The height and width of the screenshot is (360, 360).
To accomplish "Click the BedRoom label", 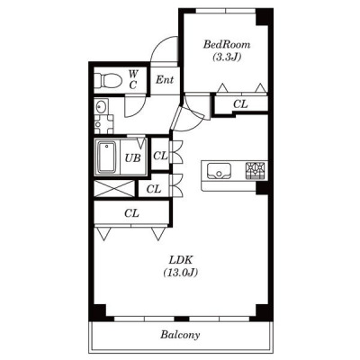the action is click(x=227, y=45).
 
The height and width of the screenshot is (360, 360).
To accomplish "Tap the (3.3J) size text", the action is click(x=227, y=58).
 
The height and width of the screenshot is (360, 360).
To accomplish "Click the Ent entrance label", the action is click(x=165, y=80).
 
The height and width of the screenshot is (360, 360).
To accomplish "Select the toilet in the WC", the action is click(x=108, y=80).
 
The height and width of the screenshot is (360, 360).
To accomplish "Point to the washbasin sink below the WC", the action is click(x=101, y=106).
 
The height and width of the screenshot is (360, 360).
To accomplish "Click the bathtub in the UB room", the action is click(x=106, y=157).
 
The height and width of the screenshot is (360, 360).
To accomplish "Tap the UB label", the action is click(x=132, y=157).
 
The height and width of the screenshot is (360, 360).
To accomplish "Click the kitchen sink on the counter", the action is click(x=219, y=171).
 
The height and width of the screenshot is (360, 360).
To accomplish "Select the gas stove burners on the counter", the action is click(x=256, y=171).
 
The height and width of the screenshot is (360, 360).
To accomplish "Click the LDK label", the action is click(x=181, y=259).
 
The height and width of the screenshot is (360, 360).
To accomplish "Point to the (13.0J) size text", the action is click(x=181, y=273).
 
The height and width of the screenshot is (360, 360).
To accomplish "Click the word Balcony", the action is click(x=180, y=335).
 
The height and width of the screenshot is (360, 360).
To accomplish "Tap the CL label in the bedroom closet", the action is click(x=240, y=104).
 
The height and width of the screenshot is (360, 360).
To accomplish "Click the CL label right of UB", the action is click(x=160, y=156).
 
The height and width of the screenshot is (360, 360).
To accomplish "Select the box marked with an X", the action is click(x=114, y=189).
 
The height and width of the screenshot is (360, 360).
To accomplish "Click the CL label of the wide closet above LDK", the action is click(x=131, y=213).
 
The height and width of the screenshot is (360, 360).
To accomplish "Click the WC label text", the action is click(x=133, y=79).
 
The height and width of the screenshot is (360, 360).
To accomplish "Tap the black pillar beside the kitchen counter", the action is click(x=262, y=188).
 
